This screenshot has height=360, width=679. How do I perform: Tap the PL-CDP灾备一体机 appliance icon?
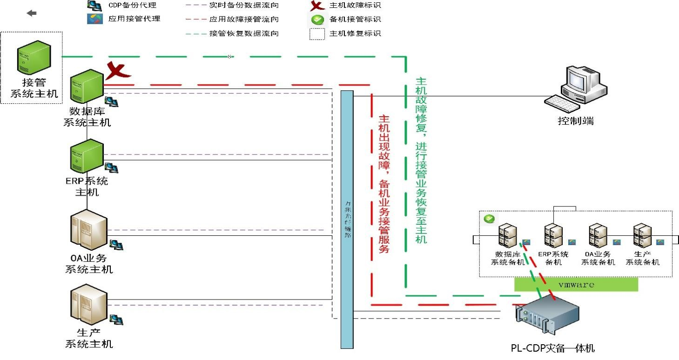point(547,319)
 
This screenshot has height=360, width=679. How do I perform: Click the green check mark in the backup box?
point(489,218)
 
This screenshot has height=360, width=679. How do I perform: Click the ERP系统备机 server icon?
point(553,235)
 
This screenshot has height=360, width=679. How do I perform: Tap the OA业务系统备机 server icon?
point(598,235)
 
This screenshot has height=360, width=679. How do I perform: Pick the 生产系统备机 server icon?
point(642,235)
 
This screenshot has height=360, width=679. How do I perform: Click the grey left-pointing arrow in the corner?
point(32,13)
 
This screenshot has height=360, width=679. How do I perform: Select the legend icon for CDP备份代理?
point(94,6)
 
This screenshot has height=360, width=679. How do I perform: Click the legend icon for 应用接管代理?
point(94,19)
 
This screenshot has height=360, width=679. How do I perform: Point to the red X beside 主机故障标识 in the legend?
point(317,6)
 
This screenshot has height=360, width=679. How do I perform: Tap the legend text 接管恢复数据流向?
point(244,33)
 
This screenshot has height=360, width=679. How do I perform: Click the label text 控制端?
point(576,121)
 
